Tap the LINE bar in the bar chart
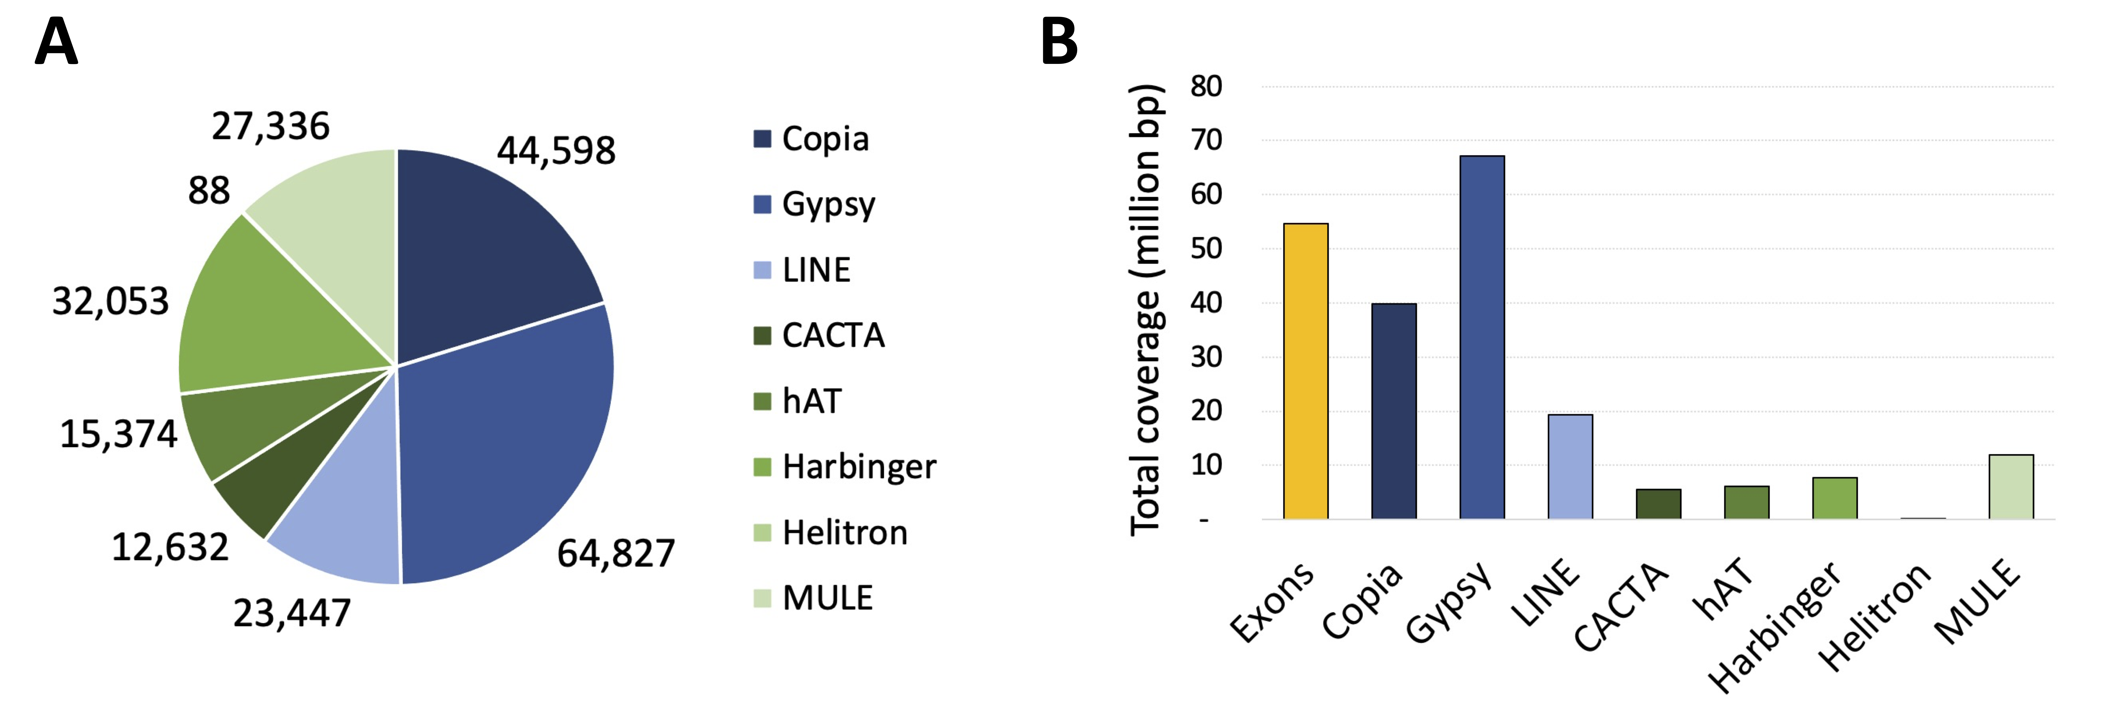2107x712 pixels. tap(1570, 467)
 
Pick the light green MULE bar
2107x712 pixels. tap(2011, 486)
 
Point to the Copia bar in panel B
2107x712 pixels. tap(1394, 411)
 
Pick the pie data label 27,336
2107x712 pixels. tap(271, 126)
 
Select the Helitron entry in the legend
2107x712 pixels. tap(830, 532)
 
